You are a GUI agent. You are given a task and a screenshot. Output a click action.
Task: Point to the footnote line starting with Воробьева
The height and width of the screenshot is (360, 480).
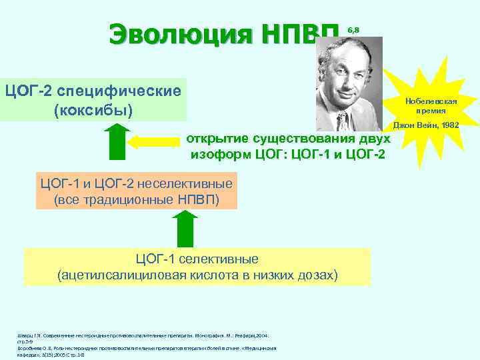coord(147,348)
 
